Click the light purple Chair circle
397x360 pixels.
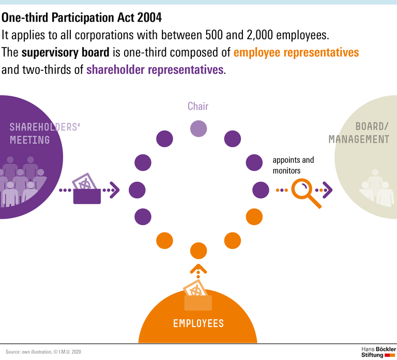point(198,128)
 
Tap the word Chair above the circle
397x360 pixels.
point(198,106)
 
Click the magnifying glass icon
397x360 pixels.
point(304,192)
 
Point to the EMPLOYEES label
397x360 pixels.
point(198,323)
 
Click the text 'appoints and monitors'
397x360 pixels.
point(293,165)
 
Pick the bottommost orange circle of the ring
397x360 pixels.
point(198,251)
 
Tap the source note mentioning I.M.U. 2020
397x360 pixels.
point(44,351)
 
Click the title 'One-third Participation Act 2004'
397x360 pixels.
point(82,18)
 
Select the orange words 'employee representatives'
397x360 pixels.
point(296,53)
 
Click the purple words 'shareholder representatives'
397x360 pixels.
point(155,70)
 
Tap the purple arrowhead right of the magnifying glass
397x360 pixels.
point(327,190)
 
